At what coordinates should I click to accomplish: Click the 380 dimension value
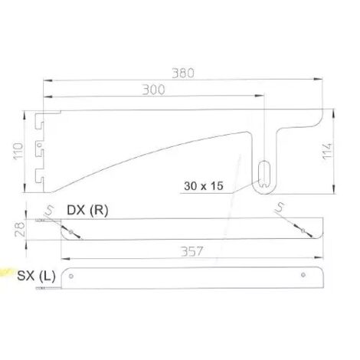(183, 73)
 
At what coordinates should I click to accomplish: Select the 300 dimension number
(153, 90)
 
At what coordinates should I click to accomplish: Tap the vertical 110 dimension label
(18, 152)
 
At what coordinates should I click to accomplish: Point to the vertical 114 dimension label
(327, 152)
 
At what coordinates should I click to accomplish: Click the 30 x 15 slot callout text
(204, 186)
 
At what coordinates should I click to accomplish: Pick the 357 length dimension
(191, 251)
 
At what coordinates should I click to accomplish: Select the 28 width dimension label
(20, 229)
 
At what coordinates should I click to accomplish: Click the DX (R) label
(87, 211)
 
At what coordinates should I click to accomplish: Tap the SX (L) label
(36, 276)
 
